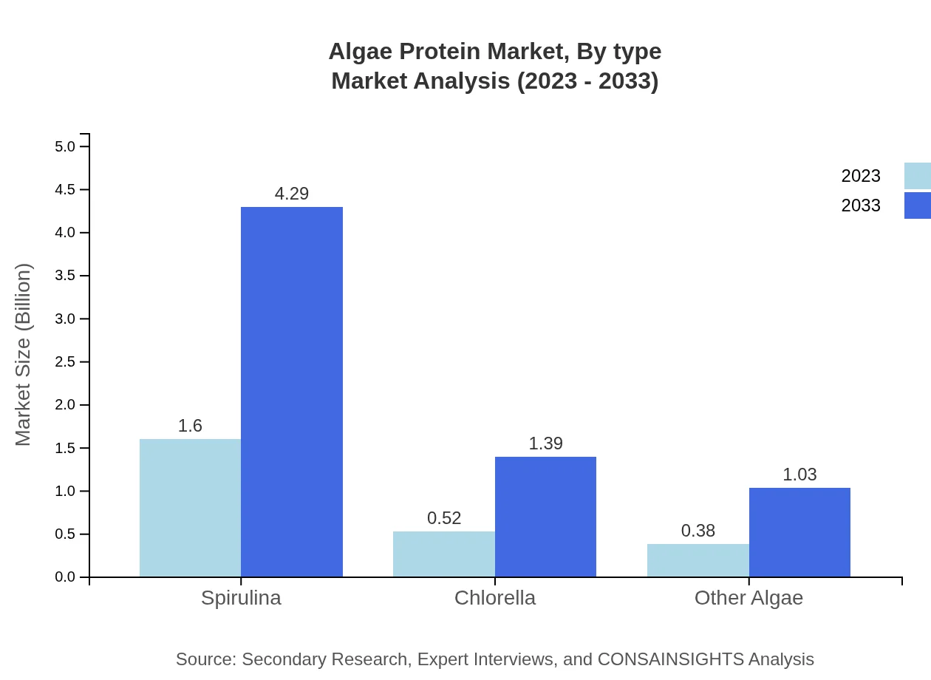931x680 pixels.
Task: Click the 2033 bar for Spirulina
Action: pyautogui.click(x=292, y=392)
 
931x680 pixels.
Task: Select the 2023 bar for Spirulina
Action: pyautogui.click(x=190, y=508)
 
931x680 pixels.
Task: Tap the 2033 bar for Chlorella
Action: pyautogui.click(x=545, y=517)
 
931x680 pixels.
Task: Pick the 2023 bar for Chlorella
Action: pyautogui.click(x=443, y=554)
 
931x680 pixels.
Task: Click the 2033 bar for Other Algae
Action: pyautogui.click(x=799, y=532)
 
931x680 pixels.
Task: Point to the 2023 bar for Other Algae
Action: pyautogui.click(x=698, y=560)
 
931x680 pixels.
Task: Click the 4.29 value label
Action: pyautogui.click(x=292, y=194)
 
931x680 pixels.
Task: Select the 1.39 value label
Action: pyautogui.click(x=545, y=443)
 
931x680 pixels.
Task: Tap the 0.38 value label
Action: pyautogui.click(x=698, y=531)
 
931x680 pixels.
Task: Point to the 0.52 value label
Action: pyautogui.click(x=444, y=518)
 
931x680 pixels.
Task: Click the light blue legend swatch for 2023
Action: pyautogui.click(x=918, y=176)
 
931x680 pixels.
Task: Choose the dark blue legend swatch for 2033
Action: pyautogui.click(x=918, y=205)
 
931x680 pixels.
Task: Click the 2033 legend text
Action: pyautogui.click(x=861, y=205)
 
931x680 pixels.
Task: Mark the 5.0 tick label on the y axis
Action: pyautogui.click(x=65, y=146)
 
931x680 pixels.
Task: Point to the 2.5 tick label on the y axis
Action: pyautogui.click(x=65, y=362)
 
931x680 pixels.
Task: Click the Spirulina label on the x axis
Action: pyautogui.click(x=241, y=597)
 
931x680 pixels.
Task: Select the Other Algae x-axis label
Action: pyautogui.click(x=748, y=597)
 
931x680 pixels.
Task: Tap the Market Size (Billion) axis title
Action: pyautogui.click(x=24, y=355)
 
